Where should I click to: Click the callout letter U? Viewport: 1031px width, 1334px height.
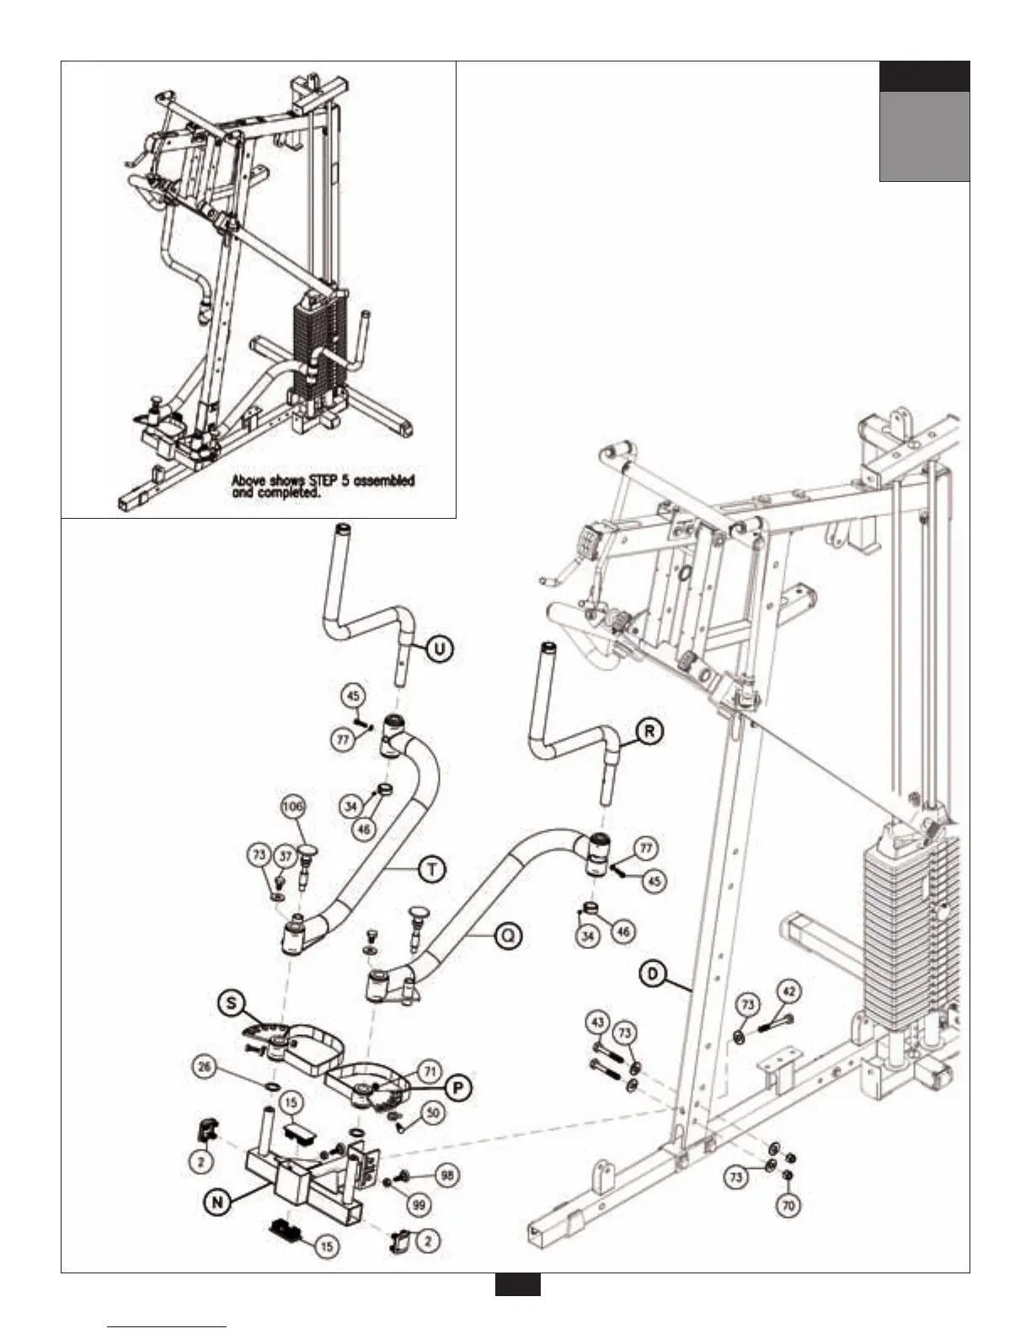[440, 648]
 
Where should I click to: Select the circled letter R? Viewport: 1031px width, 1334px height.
[649, 732]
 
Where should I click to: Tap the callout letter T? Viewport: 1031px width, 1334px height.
[431, 869]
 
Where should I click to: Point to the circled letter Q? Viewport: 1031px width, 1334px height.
[508, 936]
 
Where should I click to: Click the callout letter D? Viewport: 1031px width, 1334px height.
[652, 974]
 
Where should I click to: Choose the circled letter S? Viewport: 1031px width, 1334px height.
[231, 1003]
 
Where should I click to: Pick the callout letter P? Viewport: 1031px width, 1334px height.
[457, 1088]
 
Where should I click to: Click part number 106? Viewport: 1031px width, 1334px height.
[293, 806]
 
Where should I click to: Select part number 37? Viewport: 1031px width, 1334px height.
[286, 856]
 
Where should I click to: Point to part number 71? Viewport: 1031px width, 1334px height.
[430, 1072]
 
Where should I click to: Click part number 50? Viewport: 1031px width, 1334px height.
[433, 1113]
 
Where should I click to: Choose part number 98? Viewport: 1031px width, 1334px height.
[446, 1174]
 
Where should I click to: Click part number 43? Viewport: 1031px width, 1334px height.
[597, 1022]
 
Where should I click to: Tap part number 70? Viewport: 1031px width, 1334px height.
[788, 1206]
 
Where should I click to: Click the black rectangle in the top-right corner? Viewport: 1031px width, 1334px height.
[924, 77]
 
